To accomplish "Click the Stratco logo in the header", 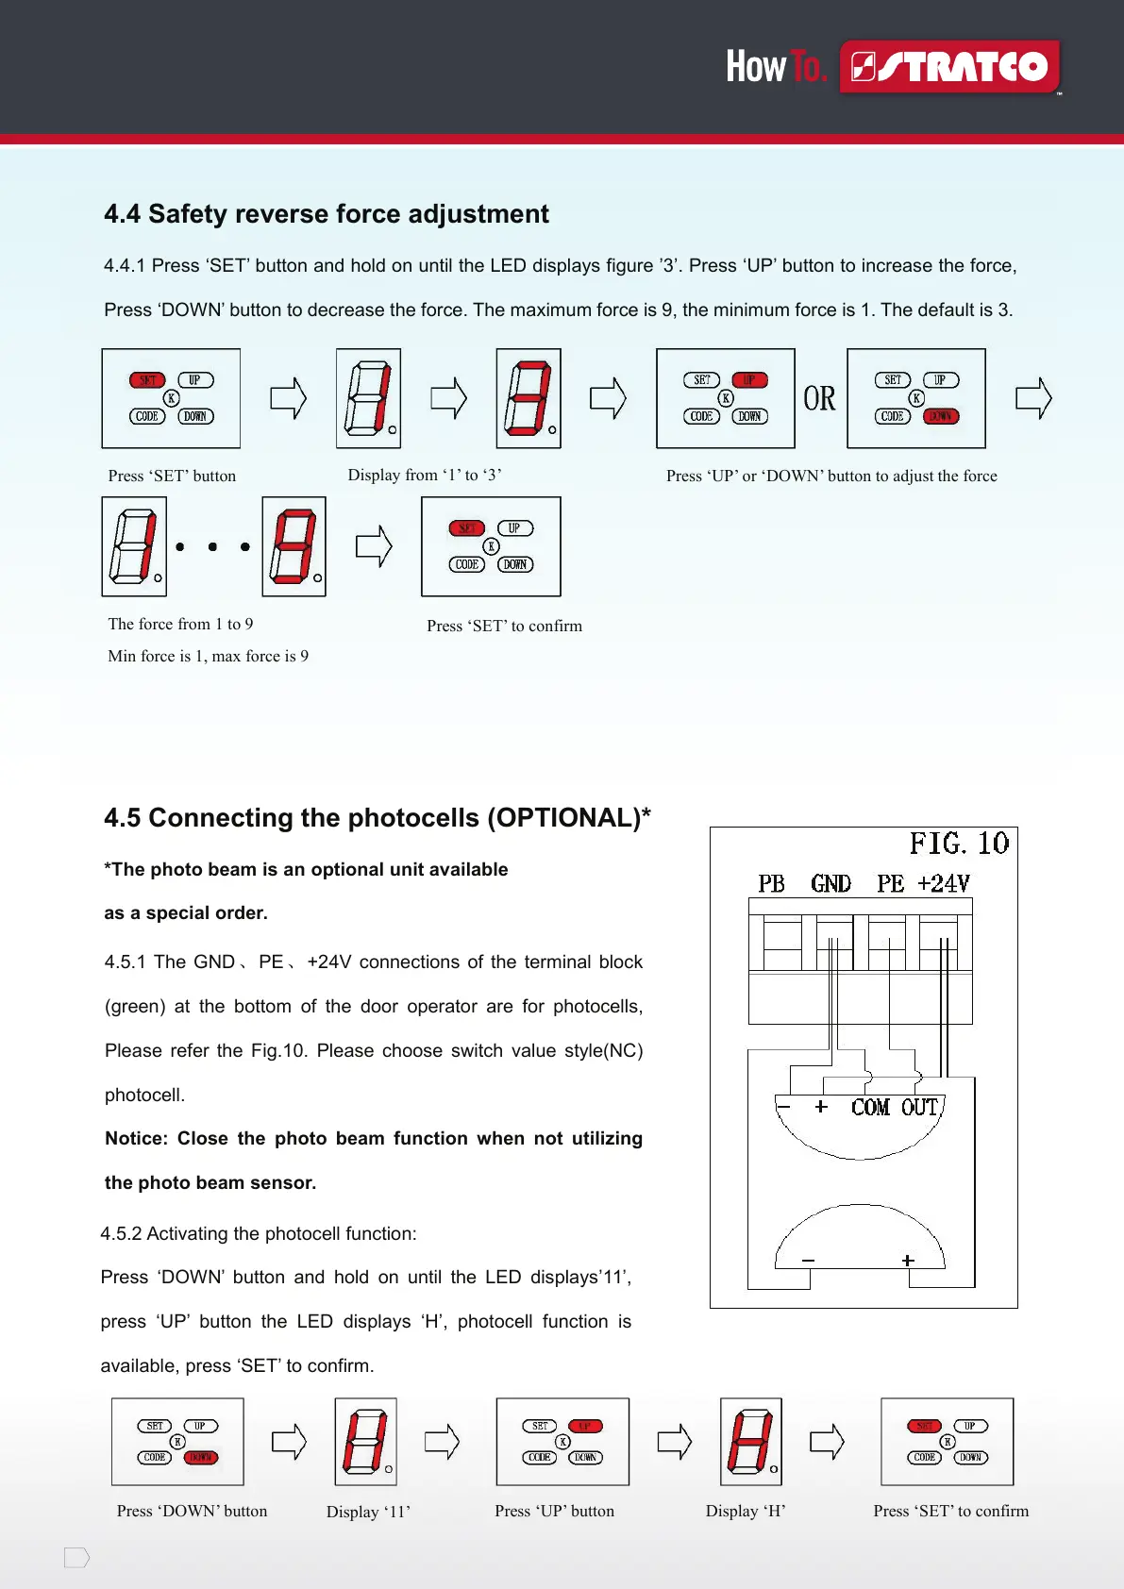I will [x=949, y=67].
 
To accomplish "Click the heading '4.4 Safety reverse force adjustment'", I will [x=326, y=214].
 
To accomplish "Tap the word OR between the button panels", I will [x=819, y=399].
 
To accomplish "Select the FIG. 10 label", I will [x=959, y=844].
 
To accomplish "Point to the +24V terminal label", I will [x=944, y=884].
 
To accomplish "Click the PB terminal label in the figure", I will [x=771, y=884].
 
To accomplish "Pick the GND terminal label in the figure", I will [x=830, y=884].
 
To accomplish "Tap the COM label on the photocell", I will [x=870, y=1108].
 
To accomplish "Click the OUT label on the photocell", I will [x=919, y=1108].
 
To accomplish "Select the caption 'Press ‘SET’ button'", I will [x=172, y=476].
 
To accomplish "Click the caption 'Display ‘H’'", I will [x=746, y=1511].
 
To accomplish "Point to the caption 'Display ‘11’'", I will [x=368, y=1512].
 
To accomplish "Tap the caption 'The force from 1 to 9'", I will [x=180, y=624].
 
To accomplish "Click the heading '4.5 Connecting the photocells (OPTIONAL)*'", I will [x=377, y=818].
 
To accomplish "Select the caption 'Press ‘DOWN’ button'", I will [x=192, y=1511].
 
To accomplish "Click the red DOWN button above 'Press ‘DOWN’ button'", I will [x=201, y=1458].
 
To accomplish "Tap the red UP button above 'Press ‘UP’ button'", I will [x=585, y=1427].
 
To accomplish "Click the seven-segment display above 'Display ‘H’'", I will [x=751, y=1441].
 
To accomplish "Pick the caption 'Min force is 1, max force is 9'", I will [x=208, y=656].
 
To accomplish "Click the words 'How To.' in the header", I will [x=776, y=67].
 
